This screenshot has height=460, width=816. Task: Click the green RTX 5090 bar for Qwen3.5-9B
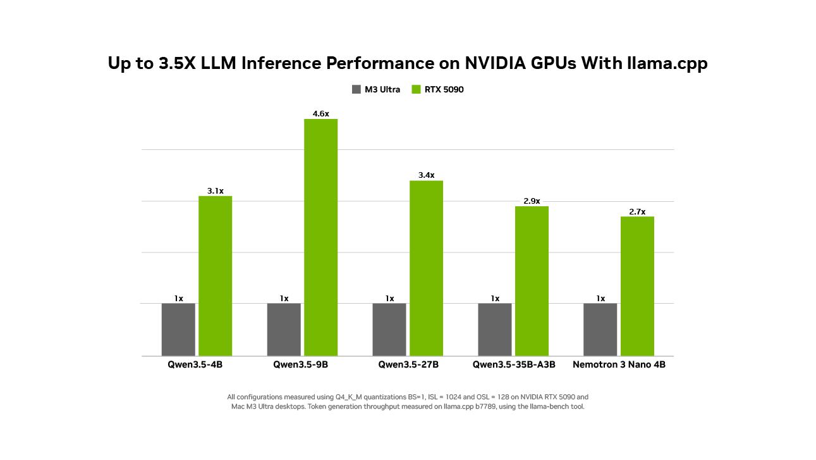coord(320,237)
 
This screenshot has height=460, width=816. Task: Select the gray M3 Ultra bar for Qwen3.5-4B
coord(178,329)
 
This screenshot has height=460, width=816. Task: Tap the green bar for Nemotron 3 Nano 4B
coord(637,286)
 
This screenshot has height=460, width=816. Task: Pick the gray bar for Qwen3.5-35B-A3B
coord(495,329)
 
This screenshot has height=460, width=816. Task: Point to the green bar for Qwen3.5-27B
coord(426,268)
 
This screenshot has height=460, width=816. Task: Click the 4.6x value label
coord(320,114)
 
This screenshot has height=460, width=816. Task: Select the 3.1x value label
coord(216,191)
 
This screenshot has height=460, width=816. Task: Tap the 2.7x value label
coord(637,212)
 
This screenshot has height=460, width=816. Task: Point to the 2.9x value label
coord(532,201)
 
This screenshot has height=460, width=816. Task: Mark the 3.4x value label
coord(426,175)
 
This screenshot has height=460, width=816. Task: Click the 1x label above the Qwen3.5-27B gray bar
coord(389,299)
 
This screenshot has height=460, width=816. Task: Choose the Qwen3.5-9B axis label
coord(301,365)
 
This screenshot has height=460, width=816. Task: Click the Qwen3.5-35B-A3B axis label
coord(514,365)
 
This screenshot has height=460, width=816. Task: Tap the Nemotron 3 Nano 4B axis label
coord(619,365)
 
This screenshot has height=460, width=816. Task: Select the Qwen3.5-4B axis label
coord(195,365)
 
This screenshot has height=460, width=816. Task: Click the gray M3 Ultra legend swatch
coord(356,90)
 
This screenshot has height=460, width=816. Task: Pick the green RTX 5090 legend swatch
coord(416,90)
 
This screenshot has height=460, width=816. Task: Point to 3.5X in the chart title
coord(173,64)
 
